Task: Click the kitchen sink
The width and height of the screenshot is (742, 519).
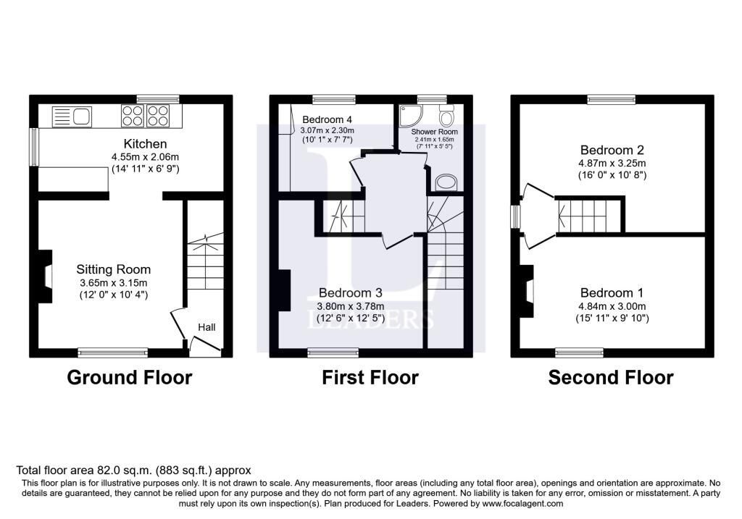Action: tap(72, 117)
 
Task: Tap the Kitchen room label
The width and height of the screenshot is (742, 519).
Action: tap(145, 144)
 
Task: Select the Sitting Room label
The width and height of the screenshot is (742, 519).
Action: tap(114, 269)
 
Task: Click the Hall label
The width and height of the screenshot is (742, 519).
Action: tap(207, 327)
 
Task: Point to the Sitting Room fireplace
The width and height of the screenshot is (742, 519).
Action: tap(45, 276)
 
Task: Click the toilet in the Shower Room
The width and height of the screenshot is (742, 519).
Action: tap(446, 115)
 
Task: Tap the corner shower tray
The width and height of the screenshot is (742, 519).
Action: tap(410, 116)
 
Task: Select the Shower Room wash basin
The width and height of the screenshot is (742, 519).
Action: tap(446, 182)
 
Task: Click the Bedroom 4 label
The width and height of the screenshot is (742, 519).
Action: tap(327, 119)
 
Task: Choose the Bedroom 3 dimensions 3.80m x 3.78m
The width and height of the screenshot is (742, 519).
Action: tap(351, 305)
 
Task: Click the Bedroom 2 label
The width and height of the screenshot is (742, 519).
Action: tap(612, 150)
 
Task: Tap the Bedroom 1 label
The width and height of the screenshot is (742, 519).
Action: tap(612, 292)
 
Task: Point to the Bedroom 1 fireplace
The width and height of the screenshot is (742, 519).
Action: tap(527, 291)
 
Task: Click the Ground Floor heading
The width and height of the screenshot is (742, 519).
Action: tap(130, 378)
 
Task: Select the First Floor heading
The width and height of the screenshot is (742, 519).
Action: tap(370, 378)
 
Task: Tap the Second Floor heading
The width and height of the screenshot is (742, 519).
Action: tap(611, 378)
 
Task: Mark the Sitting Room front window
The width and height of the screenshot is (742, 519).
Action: tap(113, 353)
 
